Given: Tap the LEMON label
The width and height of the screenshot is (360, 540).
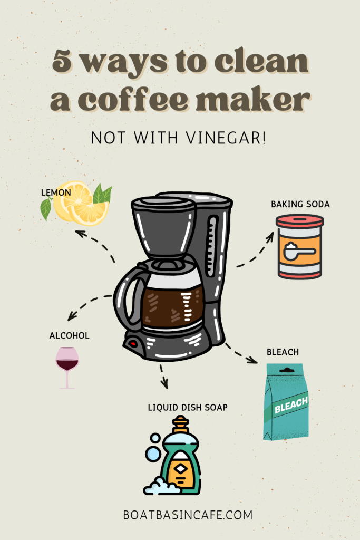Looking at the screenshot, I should click(56, 193).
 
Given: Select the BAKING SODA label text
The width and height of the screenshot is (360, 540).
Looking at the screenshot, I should click(300, 204).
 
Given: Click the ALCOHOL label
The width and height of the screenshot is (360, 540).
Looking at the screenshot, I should click(69, 335).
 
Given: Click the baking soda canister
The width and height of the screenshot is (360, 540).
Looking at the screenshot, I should click(299, 246).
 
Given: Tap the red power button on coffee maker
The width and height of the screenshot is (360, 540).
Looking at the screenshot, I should click(133, 344).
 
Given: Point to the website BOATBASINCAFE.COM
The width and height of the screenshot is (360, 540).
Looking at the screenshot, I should click(180, 514).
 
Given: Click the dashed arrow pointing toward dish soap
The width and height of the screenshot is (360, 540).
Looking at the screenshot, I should click(163, 375).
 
